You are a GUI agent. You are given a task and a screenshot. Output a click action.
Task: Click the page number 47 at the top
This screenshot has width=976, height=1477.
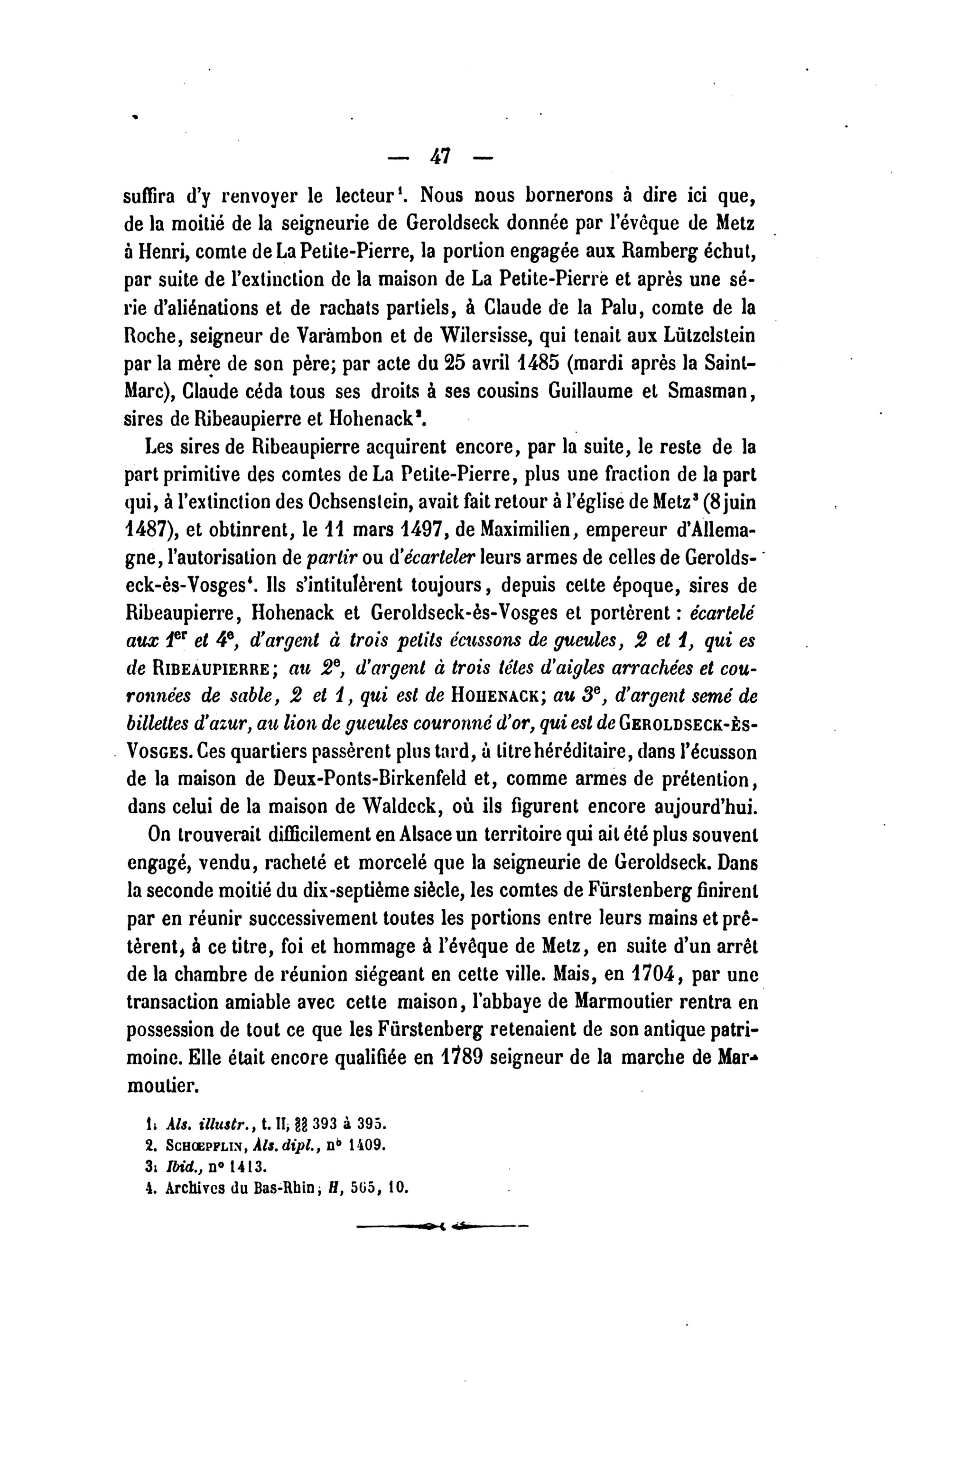(441, 156)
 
